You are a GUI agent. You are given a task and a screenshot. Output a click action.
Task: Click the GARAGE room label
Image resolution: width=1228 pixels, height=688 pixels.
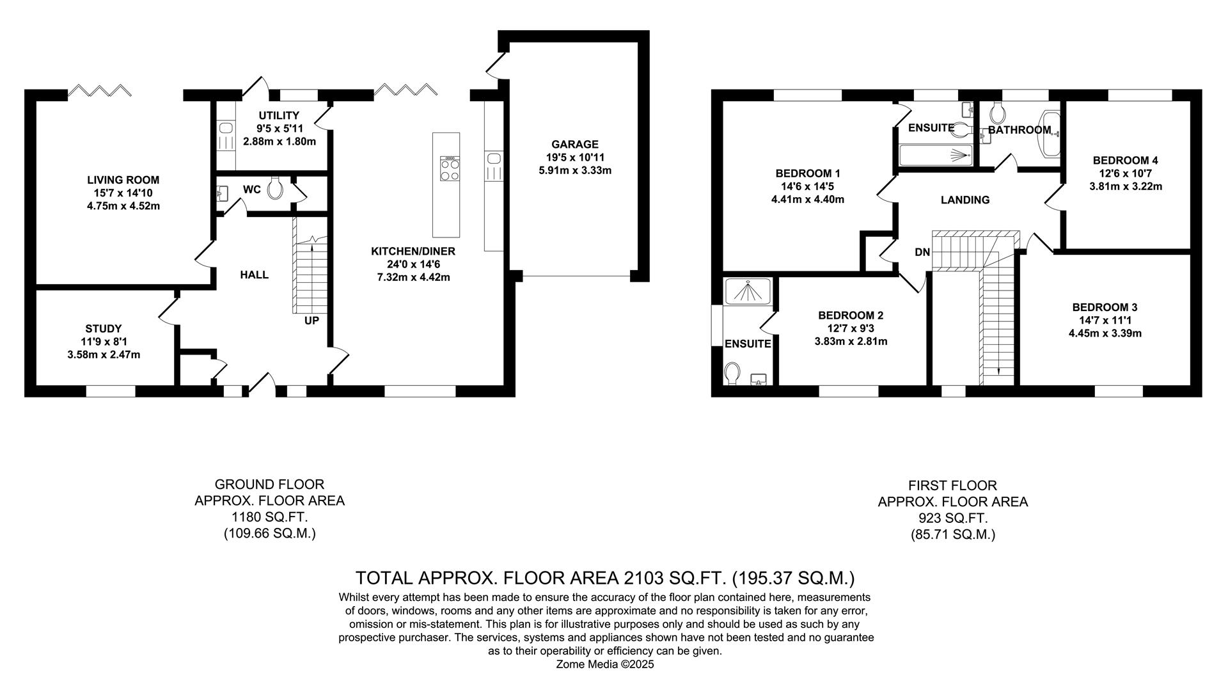coord(575,145)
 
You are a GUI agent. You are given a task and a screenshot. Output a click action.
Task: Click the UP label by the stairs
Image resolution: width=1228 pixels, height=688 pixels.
coord(311,321)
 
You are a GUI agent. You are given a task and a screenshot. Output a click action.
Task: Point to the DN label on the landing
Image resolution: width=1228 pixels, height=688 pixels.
coord(922,252)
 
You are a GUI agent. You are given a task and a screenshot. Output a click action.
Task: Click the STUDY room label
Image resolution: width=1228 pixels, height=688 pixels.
coord(103,329)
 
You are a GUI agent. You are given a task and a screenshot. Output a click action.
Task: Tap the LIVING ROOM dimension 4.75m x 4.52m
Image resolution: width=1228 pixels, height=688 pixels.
coord(123,206)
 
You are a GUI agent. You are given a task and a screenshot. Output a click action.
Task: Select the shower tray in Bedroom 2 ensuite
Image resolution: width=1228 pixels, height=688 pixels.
coord(747,291)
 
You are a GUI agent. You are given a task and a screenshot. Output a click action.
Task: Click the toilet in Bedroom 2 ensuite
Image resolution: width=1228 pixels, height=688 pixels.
coord(733,372)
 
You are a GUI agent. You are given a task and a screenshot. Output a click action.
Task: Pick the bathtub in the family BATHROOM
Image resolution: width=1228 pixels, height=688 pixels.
coord(1050,134)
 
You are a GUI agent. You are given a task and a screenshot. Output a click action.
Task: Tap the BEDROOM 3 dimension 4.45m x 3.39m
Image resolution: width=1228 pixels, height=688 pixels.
coord(1105,333)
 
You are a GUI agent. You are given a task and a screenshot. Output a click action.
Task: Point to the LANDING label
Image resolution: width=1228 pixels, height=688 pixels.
coord(964,200)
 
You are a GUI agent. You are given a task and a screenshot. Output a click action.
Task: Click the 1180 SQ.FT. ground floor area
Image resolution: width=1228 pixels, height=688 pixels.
coord(269,517)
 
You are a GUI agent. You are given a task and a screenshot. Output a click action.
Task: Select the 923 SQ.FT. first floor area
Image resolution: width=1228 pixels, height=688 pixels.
coord(952,518)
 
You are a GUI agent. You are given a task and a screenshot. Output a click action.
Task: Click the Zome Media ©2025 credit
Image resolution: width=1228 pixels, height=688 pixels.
coord(605,664)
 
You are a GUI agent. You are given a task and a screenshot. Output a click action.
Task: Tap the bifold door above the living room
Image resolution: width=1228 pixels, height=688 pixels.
coord(100,90)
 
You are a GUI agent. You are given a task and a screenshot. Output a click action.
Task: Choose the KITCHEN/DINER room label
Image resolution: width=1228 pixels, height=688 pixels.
coord(413,252)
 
